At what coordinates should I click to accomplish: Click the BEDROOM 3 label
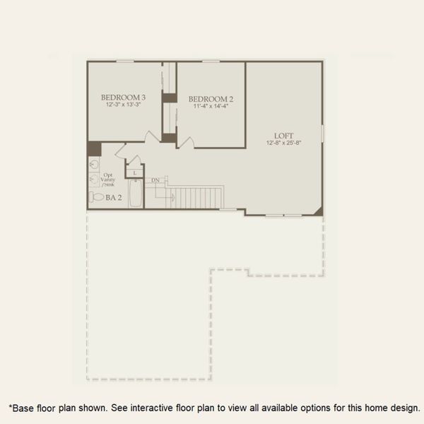tap(123, 98)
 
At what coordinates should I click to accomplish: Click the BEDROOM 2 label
tap(211, 99)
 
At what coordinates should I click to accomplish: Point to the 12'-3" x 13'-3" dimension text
tap(123, 105)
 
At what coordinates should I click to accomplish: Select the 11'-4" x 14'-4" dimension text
tap(211, 107)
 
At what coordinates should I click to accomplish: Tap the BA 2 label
tap(114, 198)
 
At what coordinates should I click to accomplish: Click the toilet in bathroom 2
tap(96, 197)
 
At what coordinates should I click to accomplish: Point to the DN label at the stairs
tap(155, 181)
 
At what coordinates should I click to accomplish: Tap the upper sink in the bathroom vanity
tap(94, 164)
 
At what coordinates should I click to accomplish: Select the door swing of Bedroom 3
tap(150, 136)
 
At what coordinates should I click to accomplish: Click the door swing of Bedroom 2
tap(186, 143)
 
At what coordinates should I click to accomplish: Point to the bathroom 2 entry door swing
tap(122, 151)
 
